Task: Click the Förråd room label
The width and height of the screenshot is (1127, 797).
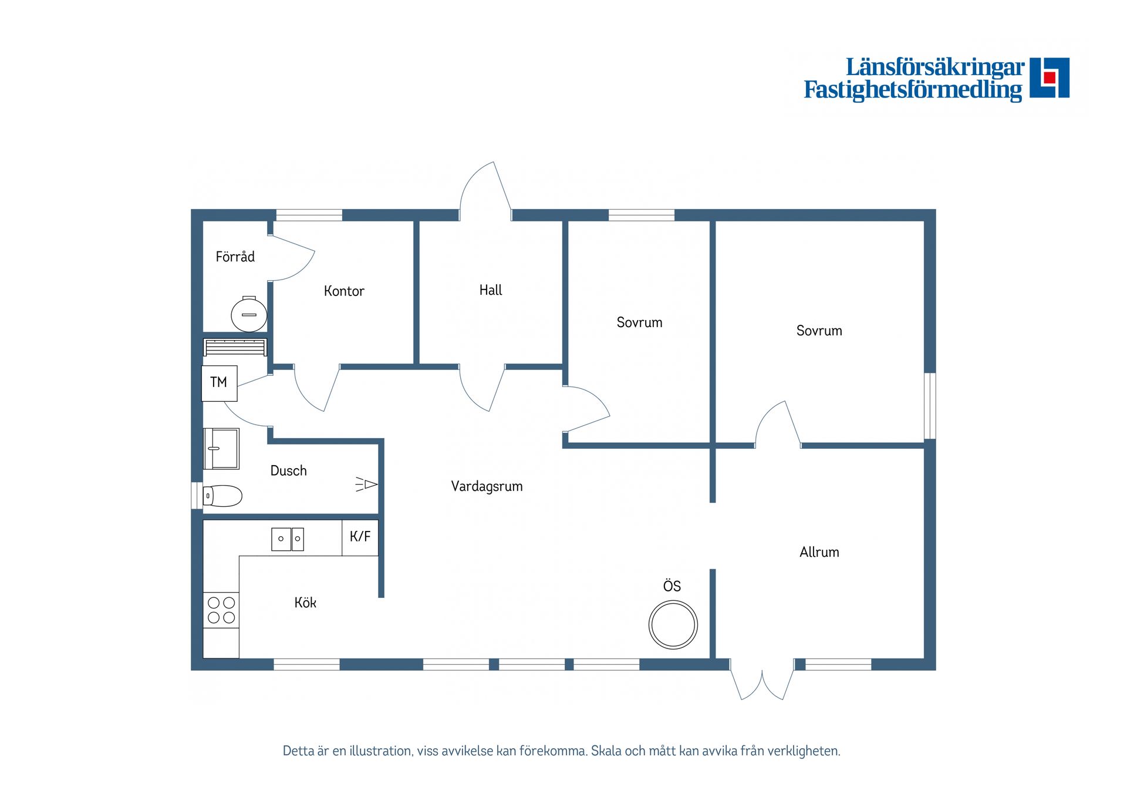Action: coord(235,257)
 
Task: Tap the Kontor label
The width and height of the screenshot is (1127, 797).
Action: coord(344,291)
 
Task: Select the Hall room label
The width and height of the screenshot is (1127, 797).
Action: coord(491,290)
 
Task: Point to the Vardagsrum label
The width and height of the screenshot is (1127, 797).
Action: coord(487,486)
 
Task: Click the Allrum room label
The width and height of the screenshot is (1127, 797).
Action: coord(819,552)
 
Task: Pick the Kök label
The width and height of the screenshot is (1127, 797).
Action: coord(305,603)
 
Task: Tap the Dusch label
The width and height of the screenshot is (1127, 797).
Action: coord(288,470)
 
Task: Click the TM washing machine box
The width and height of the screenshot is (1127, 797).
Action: coord(219,383)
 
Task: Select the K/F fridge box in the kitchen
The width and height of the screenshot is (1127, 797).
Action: coord(360,537)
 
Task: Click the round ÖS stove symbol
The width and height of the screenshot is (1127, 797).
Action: coord(673,624)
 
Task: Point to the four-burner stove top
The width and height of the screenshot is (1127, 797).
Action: coord(221,610)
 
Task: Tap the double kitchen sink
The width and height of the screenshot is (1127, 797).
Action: coord(288,539)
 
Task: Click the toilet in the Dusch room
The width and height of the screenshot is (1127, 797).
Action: coord(222,496)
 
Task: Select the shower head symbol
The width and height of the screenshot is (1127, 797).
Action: coord(366,484)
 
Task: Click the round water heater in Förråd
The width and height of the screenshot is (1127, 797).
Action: coord(249,314)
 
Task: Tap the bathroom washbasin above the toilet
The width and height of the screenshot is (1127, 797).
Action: coord(221,449)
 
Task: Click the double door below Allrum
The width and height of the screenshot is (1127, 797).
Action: coord(762,681)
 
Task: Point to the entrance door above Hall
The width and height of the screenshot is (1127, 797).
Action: coord(485,191)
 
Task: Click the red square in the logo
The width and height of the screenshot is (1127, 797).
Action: coord(1050,78)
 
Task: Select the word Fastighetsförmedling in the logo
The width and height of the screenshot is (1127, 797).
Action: coord(913,90)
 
